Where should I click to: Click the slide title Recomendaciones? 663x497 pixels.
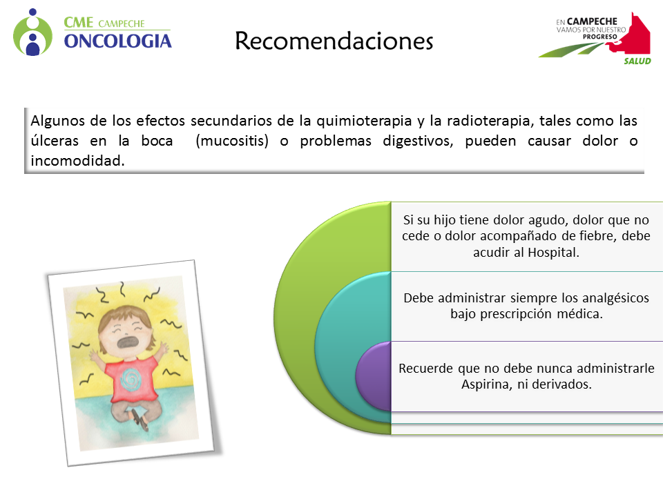[334, 41]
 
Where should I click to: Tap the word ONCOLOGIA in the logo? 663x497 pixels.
[118, 41]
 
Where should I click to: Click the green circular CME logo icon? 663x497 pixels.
[32, 33]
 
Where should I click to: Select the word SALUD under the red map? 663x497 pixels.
[637, 61]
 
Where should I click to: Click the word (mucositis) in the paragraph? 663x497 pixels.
[232, 141]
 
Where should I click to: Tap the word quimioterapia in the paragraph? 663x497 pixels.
[364, 121]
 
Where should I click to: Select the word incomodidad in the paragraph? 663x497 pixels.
[77, 161]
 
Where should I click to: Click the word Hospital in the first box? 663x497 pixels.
[553, 253]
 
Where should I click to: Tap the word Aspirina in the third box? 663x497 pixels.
[486, 384]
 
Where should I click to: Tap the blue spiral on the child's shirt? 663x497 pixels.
[131, 378]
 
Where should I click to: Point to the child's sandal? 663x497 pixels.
[140, 419]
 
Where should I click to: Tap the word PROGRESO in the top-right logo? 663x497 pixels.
[600, 37]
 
